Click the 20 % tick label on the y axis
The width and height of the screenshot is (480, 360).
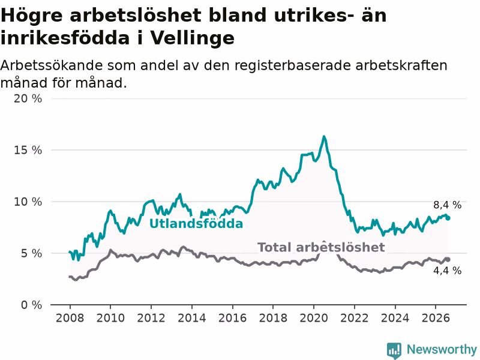pyautogui.click(x=28, y=98)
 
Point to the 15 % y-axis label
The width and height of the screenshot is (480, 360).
pyautogui.click(x=28, y=150)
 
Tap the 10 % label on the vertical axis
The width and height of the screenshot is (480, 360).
pyautogui.click(x=28, y=202)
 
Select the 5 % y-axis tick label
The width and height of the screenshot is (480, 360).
pyautogui.click(x=31, y=253)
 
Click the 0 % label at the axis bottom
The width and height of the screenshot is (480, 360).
pyautogui.click(x=31, y=305)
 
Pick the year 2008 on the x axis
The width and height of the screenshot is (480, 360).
pyautogui.click(x=70, y=318)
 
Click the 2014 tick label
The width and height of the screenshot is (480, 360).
pyautogui.click(x=191, y=318)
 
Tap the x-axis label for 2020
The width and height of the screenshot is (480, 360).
pyautogui.click(x=314, y=318)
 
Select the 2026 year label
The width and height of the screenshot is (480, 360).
pyautogui.click(x=436, y=318)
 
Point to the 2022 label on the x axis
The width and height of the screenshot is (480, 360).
pyautogui.click(x=355, y=318)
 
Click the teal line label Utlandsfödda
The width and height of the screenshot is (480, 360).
pyautogui.click(x=196, y=224)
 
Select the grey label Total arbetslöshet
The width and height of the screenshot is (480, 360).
pyautogui.click(x=321, y=247)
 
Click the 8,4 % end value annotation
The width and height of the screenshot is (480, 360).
pyautogui.click(x=447, y=205)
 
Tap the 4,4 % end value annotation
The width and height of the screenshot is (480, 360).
pyautogui.click(x=447, y=271)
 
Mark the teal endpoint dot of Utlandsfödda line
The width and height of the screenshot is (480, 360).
pyautogui.click(x=448, y=218)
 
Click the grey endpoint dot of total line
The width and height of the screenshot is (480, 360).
pyautogui.click(x=448, y=259)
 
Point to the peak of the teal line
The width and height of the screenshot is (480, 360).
pyautogui.click(x=324, y=137)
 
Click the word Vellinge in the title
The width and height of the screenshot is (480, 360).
pyautogui.click(x=192, y=38)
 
